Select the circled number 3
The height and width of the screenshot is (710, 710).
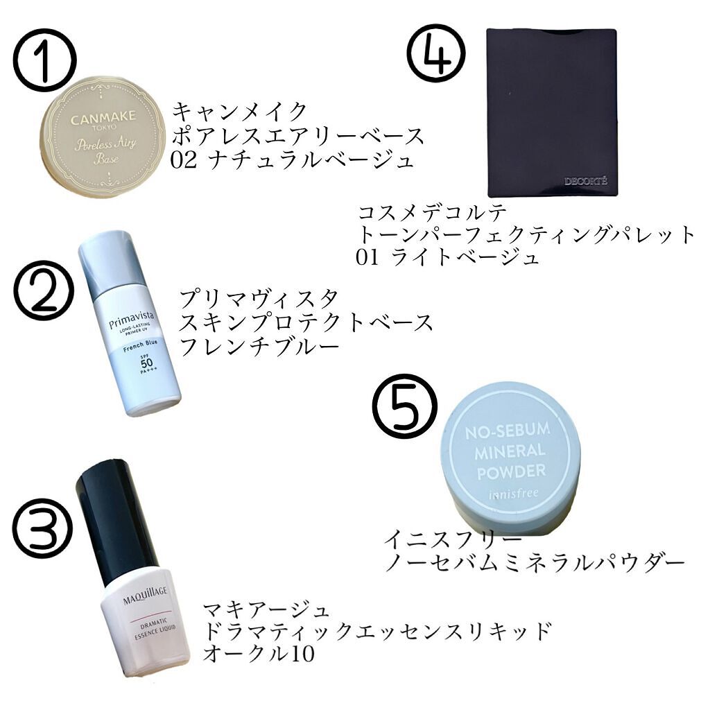[x=43, y=530]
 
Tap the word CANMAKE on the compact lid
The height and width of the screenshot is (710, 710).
[x=103, y=119]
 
